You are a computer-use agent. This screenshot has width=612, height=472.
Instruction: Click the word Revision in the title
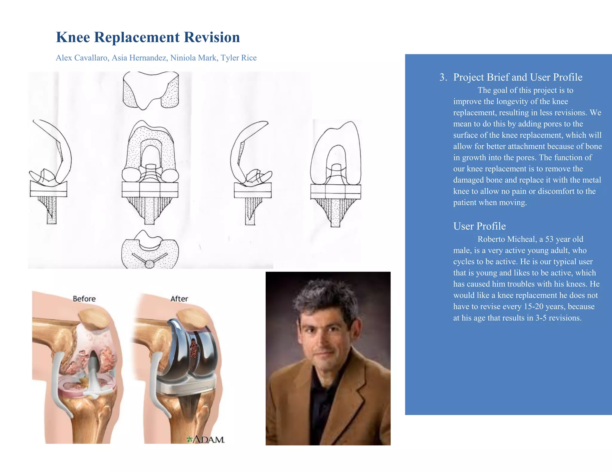[x=212, y=37]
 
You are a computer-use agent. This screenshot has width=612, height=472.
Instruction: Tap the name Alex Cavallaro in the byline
[x=82, y=58]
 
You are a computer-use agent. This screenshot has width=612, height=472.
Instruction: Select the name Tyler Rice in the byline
[x=238, y=58]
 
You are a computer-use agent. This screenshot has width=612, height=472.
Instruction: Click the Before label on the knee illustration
[x=84, y=299]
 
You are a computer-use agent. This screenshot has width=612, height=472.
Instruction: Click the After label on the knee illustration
[x=179, y=299]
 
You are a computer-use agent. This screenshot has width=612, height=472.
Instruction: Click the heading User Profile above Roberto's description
[x=479, y=226]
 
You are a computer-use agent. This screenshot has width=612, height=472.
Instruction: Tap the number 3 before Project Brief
[x=442, y=77]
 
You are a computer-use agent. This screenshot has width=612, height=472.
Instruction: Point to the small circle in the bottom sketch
[x=149, y=264]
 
